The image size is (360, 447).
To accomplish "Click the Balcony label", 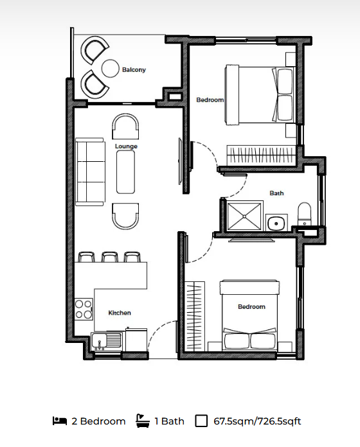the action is [x=134, y=69].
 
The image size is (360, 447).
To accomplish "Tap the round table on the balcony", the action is [x=110, y=68].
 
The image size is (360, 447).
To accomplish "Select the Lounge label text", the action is [x=126, y=146].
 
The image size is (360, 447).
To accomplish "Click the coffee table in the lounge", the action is [x=125, y=172].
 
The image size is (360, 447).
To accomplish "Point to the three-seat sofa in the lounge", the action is [x=89, y=171].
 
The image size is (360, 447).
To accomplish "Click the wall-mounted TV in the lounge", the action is [x=180, y=161].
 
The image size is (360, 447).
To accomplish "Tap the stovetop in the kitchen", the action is [x=84, y=309].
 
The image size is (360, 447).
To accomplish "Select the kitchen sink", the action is [x=107, y=341].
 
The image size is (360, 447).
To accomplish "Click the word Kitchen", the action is [x=120, y=313].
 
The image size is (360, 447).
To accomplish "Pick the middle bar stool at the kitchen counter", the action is [x=110, y=256].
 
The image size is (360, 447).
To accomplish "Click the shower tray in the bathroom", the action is [x=245, y=216].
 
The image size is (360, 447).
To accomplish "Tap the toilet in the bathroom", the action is [x=304, y=214].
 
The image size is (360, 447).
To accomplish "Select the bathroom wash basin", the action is [x=276, y=223].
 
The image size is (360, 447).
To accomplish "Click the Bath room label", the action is [x=276, y=193].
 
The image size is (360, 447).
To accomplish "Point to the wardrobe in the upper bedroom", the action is [x=261, y=155].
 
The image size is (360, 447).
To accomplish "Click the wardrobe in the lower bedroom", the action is [x=195, y=316].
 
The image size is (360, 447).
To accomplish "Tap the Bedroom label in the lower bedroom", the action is [x=251, y=307].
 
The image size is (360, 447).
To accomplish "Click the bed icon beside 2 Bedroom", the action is [x=60, y=421].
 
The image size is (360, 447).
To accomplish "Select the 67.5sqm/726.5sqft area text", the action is [x=257, y=421].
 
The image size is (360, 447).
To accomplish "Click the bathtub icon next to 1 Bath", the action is [x=143, y=421].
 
